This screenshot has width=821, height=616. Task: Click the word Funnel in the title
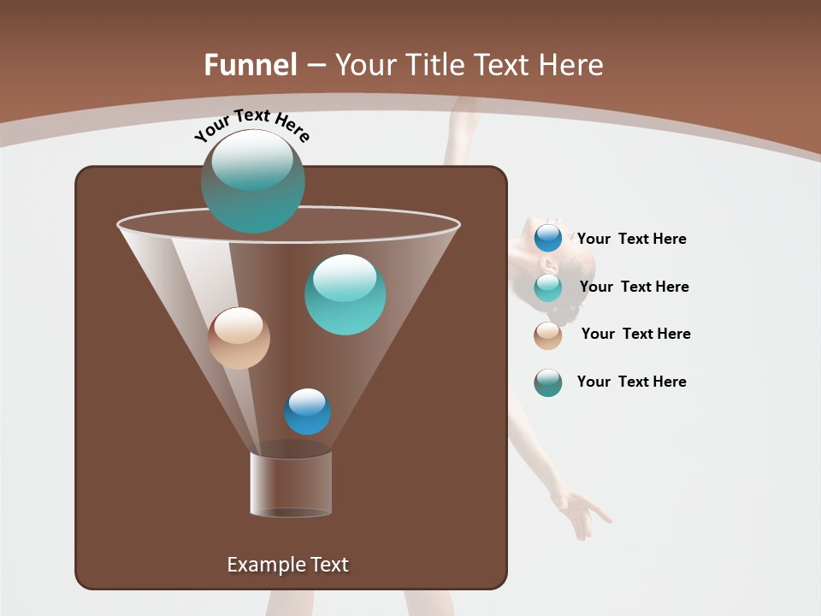pos(250,65)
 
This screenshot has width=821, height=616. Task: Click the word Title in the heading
pos(434,65)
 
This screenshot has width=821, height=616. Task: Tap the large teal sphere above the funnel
pos(253,181)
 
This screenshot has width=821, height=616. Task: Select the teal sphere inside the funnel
pos(346,294)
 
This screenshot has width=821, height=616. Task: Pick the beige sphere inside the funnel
pos(239,338)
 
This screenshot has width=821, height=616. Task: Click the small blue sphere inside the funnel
pos(307,412)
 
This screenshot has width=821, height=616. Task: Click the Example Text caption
pos(287,565)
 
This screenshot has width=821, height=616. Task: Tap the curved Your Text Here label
pos(251,125)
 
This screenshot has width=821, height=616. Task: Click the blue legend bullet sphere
pos(548,239)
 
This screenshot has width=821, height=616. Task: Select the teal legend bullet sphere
pos(548,287)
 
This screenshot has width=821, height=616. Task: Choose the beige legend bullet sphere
pos(548,335)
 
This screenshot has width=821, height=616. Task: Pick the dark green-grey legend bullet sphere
pos(548,382)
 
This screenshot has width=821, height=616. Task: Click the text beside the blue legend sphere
pos(631,239)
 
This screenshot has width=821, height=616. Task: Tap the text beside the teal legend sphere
pos(634,287)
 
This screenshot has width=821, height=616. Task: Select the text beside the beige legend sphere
pos(635,334)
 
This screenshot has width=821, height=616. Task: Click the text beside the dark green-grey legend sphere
pos(631,382)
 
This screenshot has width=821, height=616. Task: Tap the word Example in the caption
pos(263,565)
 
